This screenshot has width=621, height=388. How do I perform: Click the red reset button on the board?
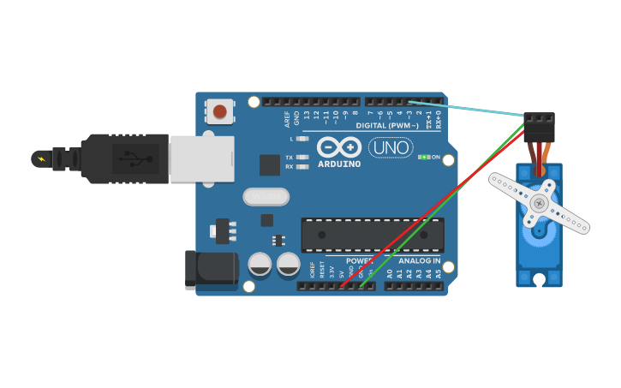220,111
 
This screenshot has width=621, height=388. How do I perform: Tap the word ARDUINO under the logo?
339,164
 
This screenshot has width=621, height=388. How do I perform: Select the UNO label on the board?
391,147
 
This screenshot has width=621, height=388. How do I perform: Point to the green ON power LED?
423,157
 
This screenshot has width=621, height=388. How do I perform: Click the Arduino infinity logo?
338,146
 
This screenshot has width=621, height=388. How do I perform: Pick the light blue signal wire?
471,108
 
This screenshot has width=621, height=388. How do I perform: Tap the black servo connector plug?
540,128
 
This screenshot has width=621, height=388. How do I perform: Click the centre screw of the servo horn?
538,203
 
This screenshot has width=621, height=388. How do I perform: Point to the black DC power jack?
211,268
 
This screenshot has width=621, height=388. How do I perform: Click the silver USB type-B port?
202,158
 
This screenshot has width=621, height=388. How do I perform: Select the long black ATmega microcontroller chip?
373,235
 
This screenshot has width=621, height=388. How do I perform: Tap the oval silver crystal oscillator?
266,197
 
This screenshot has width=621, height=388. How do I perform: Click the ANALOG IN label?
420,260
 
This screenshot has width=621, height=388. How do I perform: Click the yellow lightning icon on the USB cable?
40,158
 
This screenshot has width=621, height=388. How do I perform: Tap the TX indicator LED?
302,158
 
